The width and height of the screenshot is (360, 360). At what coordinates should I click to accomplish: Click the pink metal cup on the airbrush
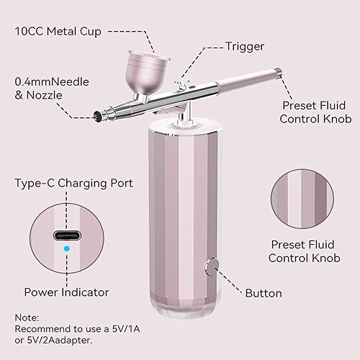[149, 72]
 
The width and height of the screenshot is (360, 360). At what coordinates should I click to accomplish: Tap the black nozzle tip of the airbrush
[97, 117]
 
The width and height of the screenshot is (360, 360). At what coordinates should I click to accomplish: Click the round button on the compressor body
[212, 267]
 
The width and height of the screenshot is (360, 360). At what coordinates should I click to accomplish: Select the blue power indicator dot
[67, 249]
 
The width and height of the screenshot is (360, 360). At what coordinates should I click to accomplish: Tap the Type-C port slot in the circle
[67, 235]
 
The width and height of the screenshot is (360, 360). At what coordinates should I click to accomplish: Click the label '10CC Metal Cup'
[58, 32]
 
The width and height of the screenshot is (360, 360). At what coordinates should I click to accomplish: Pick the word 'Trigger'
[245, 47]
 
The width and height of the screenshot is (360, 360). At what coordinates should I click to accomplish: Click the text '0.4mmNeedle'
[52, 82]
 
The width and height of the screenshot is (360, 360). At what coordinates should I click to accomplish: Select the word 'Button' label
[264, 293]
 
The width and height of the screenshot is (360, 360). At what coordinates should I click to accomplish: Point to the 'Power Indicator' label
[67, 292]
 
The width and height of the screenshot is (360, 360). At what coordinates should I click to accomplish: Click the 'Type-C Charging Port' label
[73, 184]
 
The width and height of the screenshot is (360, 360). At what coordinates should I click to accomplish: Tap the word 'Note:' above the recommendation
[27, 318]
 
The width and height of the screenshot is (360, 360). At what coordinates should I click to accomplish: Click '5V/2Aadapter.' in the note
[60, 340]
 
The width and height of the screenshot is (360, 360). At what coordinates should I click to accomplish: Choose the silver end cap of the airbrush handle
[278, 72]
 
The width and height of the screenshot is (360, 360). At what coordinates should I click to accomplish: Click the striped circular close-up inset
[302, 199]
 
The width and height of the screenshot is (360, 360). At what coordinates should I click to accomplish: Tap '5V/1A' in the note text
[126, 329]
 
